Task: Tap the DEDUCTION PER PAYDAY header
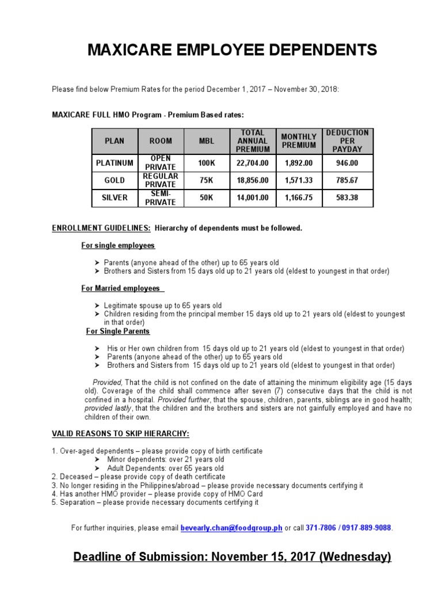pyautogui.click(x=347, y=141)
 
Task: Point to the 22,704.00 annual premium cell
pyautogui.click(x=253, y=163)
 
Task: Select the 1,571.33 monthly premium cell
pyautogui.click(x=298, y=180)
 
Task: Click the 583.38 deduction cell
pyautogui.click(x=347, y=198)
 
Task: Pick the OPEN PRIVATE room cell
pyautogui.click(x=161, y=163)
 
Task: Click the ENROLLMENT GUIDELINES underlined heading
pyautogui.click(x=101, y=228)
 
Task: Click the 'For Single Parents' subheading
pyautogui.click(x=118, y=331)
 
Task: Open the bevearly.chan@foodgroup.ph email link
pyautogui.click(x=231, y=528)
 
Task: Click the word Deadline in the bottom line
pyautogui.click(x=101, y=557)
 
